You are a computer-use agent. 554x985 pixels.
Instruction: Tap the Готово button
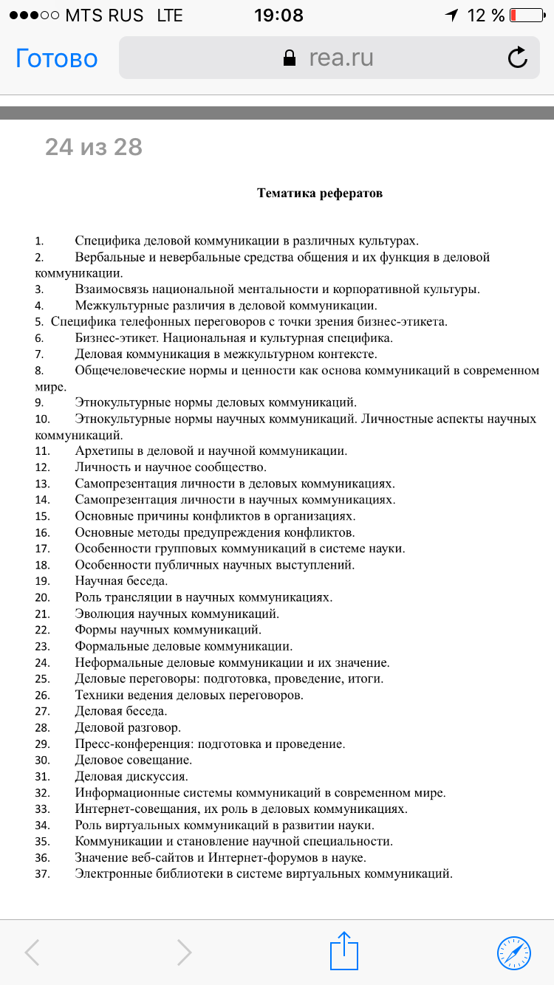(57, 58)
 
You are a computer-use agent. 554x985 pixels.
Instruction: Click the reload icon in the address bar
(517, 58)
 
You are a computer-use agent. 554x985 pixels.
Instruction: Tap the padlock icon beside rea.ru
(290, 58)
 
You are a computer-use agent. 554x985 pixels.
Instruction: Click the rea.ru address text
(341, 58)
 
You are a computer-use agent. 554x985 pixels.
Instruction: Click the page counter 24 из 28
(94, 147)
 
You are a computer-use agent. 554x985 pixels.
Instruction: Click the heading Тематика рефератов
(320, 193)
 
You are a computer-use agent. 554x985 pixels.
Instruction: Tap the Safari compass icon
(514, 952)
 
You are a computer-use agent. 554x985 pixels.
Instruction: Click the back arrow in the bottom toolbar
(32, 953)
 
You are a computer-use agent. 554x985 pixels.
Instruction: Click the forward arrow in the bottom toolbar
(185, 953)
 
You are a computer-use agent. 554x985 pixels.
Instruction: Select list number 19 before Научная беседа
(42, 581)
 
